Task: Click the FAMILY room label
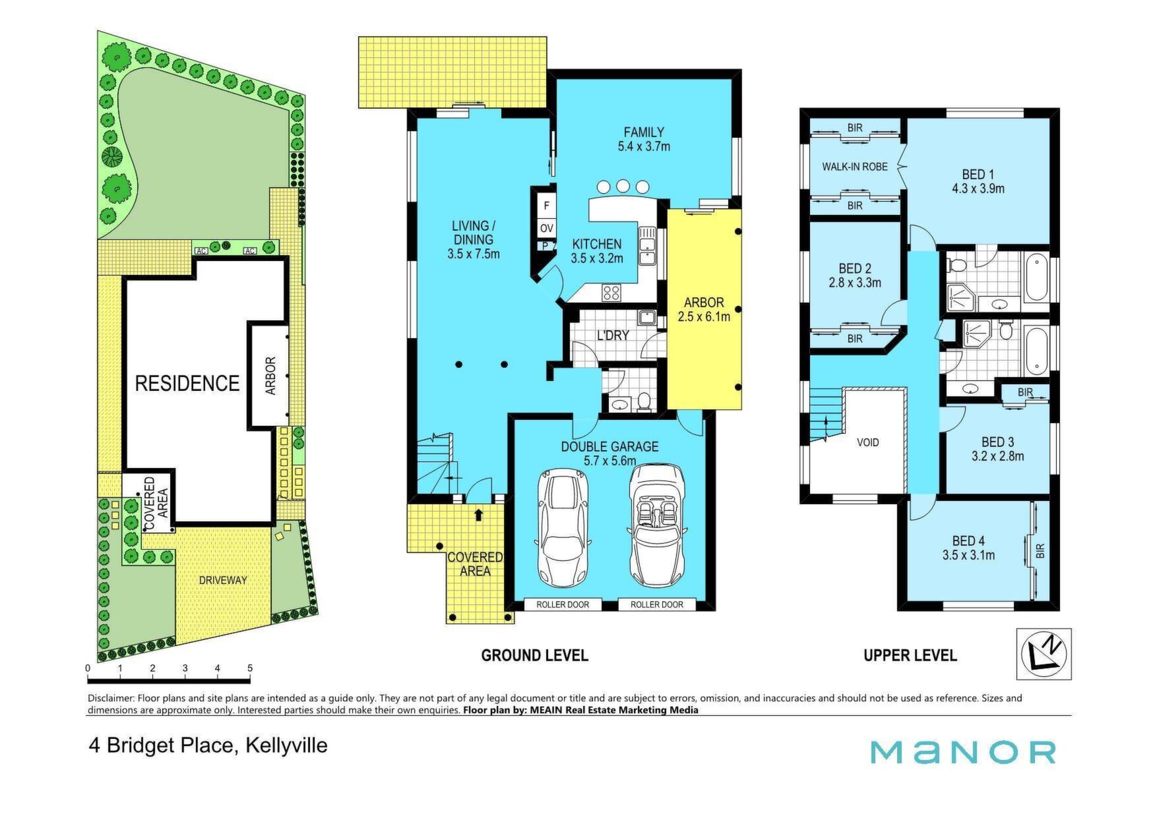point(644,132)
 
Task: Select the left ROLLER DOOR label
point(562,604)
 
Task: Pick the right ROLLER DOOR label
point(657,604)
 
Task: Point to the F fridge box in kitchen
point(546,206)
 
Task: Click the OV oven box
point(546,229)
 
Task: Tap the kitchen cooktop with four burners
point(611,292)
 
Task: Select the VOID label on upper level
point(867,442)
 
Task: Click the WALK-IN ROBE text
point(854,167)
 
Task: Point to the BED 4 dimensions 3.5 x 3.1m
point(968,555)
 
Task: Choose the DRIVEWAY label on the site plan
point(223,580)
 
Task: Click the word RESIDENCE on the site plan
point(187,383)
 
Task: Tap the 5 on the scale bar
point(250,668)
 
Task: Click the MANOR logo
point(963,752)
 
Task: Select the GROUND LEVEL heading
point(534,655)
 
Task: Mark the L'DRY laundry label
point(613,336)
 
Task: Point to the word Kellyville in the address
point(286,745)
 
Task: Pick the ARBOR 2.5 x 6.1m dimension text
point(704,317)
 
